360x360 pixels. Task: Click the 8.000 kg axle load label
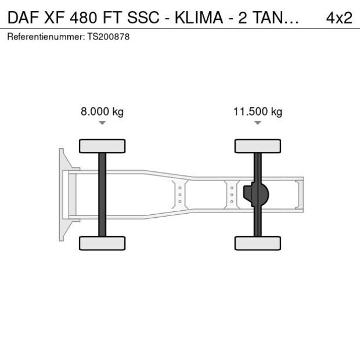pos(102,112)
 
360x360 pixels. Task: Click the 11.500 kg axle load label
pos(258,112)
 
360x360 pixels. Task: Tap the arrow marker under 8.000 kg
pos(102,123)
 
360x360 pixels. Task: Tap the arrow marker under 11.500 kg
pos(258,123)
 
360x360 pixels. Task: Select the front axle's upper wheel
pos(102,146)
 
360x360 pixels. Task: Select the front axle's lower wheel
pos(102,243)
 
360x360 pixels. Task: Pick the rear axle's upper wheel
pos(258,146)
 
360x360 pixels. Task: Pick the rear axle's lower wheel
pos(258,243)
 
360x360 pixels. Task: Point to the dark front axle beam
pos(102,195)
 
